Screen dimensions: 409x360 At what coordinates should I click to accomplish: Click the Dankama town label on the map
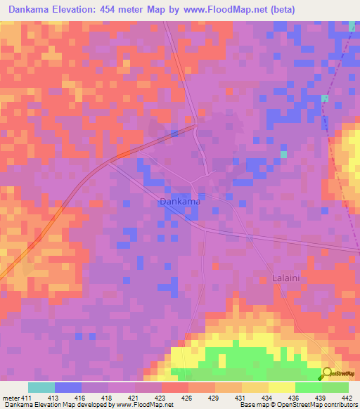[x=180, y=202]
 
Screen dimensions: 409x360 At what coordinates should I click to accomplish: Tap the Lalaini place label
[x=287, y=278]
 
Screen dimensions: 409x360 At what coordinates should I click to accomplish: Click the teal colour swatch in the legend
[x=41, y=387]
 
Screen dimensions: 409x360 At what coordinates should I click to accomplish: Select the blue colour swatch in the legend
[x=67, y=387]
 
